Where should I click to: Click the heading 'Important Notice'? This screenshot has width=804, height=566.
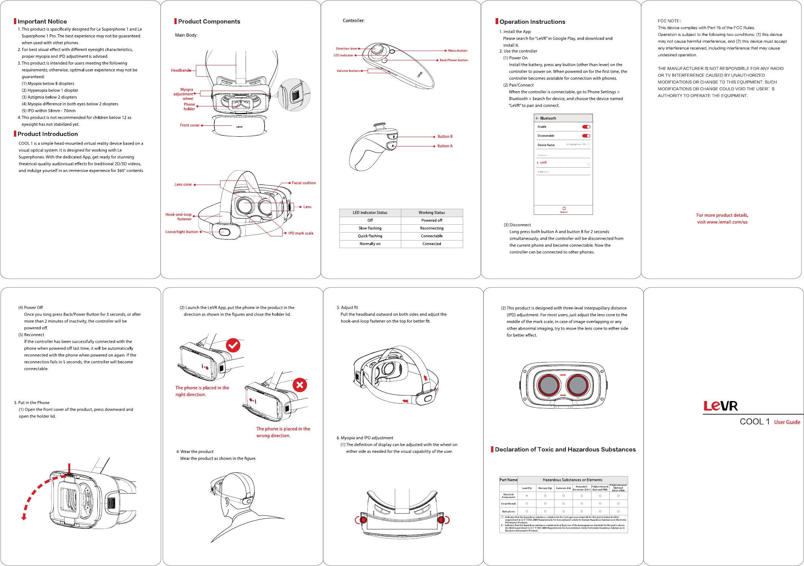click(42, 22)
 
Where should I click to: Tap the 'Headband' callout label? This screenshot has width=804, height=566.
click(180, 70)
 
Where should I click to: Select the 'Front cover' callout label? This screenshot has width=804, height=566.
click(189, 125)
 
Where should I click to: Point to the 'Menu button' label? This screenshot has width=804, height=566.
click(457, 51)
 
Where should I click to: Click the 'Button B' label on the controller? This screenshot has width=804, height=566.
click(445, 137)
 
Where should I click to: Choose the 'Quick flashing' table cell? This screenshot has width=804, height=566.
click(370, 236)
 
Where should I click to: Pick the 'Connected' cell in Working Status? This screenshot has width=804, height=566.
click(431, 244)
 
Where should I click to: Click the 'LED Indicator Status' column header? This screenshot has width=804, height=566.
click(370, 213)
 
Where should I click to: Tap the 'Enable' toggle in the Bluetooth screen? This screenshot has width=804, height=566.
click(586, 127)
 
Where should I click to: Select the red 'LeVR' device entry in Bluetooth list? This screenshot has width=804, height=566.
click(543, 163)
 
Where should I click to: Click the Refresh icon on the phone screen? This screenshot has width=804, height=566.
click(564, 208)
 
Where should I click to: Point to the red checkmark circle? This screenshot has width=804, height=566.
click(233, 345)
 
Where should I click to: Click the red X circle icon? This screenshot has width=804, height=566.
click(300, 385)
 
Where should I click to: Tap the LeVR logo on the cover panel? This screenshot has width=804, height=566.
click(720, 406)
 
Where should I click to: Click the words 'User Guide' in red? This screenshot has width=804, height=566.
click(787, 422)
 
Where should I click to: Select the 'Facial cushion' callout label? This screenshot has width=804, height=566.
click(303, 183)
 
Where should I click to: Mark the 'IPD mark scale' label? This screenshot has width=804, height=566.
click(300, 233)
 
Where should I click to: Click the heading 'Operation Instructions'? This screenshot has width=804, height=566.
click(532, 22)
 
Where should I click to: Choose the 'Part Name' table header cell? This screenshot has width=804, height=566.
click(508, 480)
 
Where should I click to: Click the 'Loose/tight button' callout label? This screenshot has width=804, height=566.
click(182, 232)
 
